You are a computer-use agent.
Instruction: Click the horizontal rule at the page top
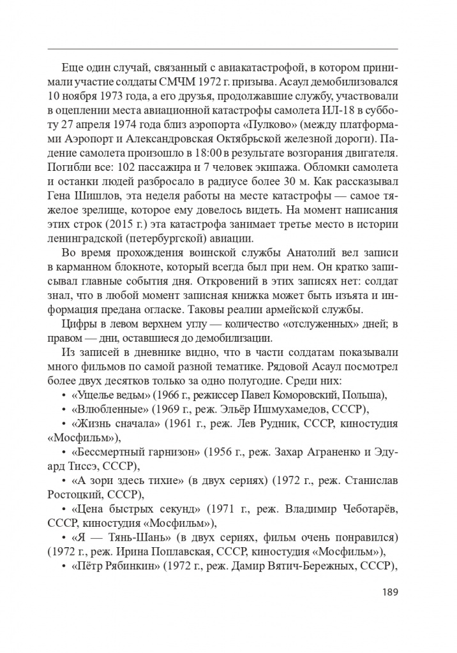[223, 48]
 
